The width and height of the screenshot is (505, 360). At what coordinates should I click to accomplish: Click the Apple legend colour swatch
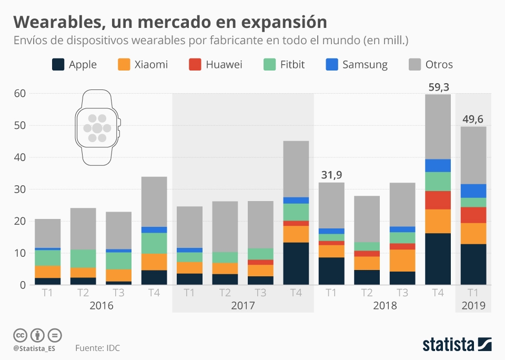coord(58,65)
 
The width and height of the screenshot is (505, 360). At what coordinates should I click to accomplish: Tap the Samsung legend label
coord(365,65)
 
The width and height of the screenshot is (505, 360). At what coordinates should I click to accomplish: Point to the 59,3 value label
coord(439,87)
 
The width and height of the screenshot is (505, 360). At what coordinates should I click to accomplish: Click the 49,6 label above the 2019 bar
coord(473,119)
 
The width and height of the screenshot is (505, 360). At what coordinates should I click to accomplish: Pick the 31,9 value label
coord(331,175)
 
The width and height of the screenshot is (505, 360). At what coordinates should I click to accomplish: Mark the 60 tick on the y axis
coord(20,94)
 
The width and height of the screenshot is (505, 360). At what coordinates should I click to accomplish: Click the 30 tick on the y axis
coord(20,189)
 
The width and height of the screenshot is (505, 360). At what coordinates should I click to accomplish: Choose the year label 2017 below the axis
coord(243,306)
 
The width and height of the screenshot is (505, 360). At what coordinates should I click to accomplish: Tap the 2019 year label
coord(473,306)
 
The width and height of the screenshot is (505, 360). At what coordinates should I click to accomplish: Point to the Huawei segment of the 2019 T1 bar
coord(473,215)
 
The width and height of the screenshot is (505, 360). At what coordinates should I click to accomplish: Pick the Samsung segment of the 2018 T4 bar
coord(439,165)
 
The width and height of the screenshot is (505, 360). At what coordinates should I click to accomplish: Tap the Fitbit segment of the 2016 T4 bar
coord(154,243)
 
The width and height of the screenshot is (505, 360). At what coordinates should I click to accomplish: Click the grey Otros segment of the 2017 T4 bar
coord(296,169)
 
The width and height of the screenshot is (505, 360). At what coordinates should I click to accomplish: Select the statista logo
coord(457,345)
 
